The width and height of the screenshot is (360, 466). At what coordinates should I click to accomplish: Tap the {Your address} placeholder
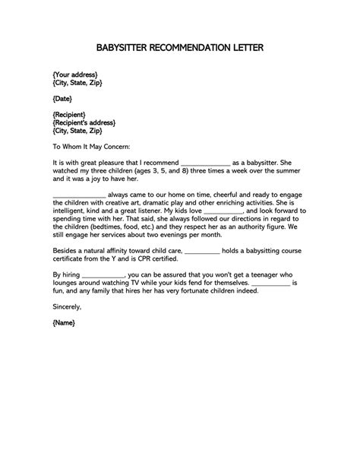74,74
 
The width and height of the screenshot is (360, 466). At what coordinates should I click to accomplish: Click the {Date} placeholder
63,99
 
